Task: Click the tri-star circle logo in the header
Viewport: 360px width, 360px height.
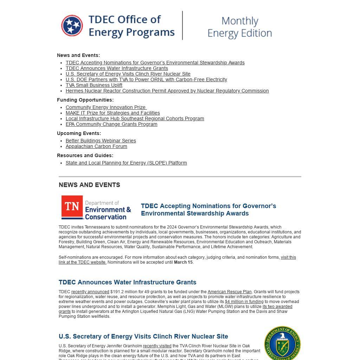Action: coord(72,26)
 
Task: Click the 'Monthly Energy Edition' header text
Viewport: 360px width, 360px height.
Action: coord(240,27)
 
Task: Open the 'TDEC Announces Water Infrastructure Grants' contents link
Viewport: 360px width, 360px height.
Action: coord(117,68)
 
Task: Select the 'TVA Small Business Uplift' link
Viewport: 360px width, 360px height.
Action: coord(94,85)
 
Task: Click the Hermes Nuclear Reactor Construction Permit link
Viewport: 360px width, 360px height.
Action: coord(167,91)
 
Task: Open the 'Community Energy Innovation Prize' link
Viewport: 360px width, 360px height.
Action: coord(105,107)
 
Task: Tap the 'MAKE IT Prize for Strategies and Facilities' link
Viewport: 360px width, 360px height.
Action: coord(112,113)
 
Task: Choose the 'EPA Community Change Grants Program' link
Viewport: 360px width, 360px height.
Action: coord(111,124)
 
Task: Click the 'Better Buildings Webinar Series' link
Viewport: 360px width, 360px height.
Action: coord(101,141)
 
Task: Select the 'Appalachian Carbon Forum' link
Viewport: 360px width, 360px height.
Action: coord(96,146)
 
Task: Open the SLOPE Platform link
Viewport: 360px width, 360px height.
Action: coord(126,163)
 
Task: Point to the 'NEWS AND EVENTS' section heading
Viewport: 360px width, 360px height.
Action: coord(89,185)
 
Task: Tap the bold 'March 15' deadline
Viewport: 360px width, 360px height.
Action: coord(183,262)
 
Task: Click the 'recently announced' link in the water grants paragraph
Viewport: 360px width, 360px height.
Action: coord(90,292)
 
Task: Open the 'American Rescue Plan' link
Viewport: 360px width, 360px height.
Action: coord(230,292)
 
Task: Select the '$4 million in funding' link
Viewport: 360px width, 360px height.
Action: coord(244,302)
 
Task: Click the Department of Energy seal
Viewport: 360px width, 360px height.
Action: coord(282,343)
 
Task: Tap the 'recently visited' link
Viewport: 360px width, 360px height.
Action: coord(157,346)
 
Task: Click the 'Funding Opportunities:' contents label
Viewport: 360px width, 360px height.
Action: coord(85,100)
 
